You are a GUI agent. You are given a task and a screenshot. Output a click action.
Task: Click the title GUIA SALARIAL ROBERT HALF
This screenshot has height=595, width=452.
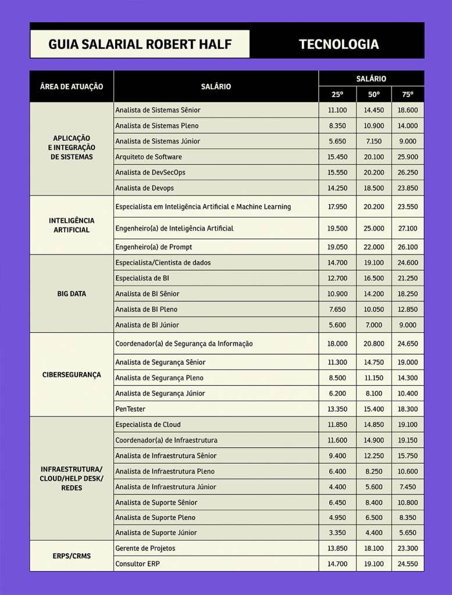click(x=140, y=44)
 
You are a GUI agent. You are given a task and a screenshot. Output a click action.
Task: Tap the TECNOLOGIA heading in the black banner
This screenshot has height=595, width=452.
click(x=339, y=44)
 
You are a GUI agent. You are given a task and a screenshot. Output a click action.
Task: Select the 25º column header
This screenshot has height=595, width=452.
click(x=337, y=94)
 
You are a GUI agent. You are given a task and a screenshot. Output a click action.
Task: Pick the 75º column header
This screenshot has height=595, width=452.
click(x=408, y=94)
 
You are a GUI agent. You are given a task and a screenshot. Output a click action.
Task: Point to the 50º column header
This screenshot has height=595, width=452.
click(x=373, y=94)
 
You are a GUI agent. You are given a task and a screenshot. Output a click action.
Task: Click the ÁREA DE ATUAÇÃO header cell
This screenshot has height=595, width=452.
click(x=72, y=86)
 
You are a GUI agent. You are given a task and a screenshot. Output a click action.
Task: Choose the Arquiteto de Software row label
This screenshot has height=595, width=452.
click(x=149, y=157)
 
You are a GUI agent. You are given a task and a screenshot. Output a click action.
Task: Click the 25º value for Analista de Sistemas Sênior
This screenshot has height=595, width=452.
click(x=337, y=110)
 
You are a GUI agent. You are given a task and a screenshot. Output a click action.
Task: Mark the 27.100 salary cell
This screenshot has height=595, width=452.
click(x=408, y=229)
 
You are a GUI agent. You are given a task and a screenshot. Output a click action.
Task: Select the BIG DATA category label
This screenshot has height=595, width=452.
click(x=72, y=294)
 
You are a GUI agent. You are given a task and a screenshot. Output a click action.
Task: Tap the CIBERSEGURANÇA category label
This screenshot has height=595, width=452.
click(x=72, y=375)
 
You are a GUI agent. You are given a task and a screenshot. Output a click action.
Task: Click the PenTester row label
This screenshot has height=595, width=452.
click(x=130, y=409)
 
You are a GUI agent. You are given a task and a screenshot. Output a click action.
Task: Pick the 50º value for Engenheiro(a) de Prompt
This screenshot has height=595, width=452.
click(x=373, y=247)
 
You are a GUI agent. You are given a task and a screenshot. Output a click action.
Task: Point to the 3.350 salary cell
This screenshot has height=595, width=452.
click(x=337, y=533)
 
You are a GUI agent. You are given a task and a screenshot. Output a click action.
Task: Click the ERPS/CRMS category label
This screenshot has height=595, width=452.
click(x=72, y=556)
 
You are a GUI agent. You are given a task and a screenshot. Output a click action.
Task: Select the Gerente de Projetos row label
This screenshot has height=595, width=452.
click(x=145, y=548)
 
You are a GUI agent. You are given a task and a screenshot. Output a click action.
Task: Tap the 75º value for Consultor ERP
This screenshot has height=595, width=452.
click(x=408, y=564)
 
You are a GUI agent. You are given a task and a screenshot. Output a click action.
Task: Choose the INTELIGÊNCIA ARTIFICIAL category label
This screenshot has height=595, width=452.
click(x=72, y=225)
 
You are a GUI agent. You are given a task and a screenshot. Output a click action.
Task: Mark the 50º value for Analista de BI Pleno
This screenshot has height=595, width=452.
click(x=373, y=309)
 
